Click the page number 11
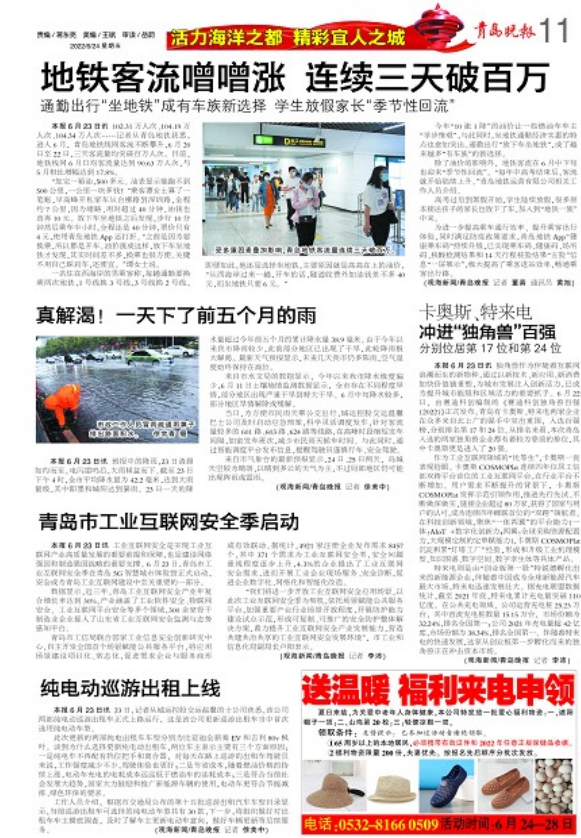tap(553, 31)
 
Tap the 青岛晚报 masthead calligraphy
tap(504, 31)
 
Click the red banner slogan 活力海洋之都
tap(227, 38)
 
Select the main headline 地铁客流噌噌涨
tap(163, 77)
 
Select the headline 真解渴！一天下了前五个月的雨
tap(176, 315)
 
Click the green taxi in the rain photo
tap(144, 357)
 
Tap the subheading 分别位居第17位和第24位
tap(490, 348)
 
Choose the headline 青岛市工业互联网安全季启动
tap(169, 522)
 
